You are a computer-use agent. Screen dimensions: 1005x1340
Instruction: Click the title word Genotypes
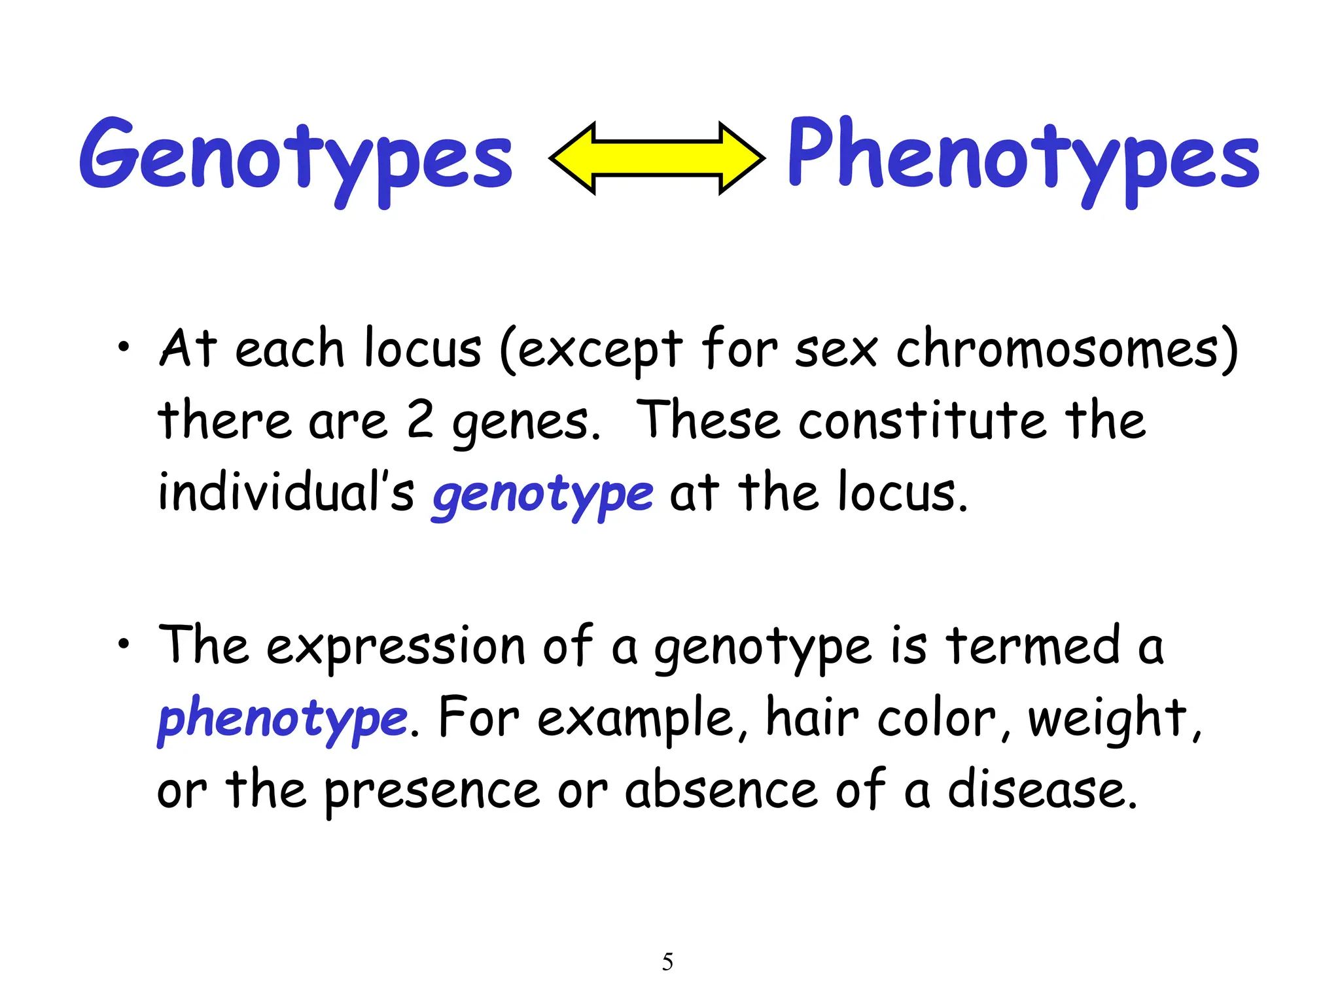tap(296, 157)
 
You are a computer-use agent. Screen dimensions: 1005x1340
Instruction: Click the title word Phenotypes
tap(1023, 157)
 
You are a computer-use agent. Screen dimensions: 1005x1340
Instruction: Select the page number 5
tap(667, 961)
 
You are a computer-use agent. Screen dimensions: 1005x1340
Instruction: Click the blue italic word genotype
tap(542, 494)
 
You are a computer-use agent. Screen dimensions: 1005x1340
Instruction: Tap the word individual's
tap(286, 492)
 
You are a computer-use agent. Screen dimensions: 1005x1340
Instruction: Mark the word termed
tap(1032, 646)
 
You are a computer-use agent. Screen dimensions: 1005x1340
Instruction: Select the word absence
tap(721, 790)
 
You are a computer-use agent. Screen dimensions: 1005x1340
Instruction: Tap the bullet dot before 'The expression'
tap(124, 644)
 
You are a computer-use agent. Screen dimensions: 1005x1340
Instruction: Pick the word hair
tap(812, 718)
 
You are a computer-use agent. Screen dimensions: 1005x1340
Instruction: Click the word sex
tap(836, 350)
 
